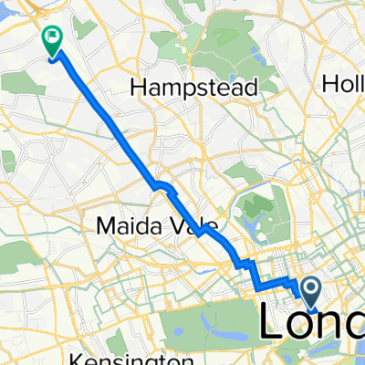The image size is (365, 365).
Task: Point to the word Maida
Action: click(125, 224)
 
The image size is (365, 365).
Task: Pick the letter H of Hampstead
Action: click(140, 88)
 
